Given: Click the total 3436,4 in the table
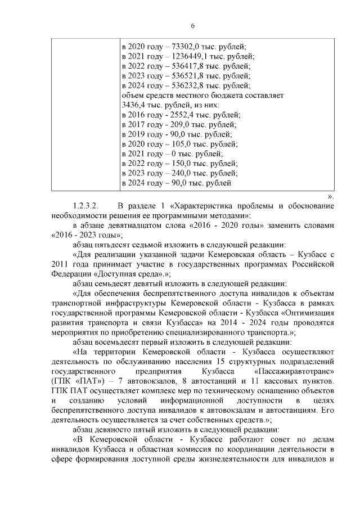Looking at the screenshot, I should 134,105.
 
